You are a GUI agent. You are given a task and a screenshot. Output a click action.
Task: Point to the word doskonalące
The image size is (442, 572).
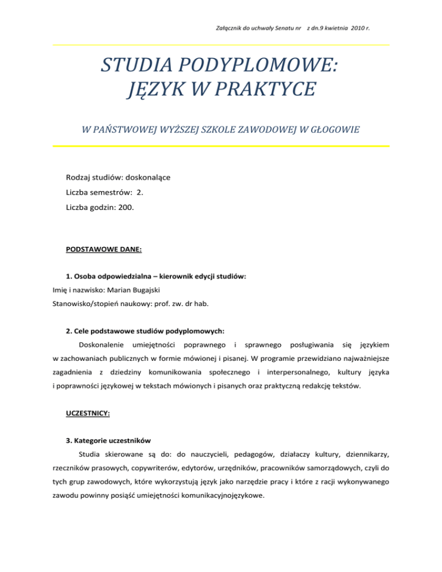point(143,178)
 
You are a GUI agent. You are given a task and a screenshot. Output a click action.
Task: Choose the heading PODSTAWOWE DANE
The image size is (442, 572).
point(101,251)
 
